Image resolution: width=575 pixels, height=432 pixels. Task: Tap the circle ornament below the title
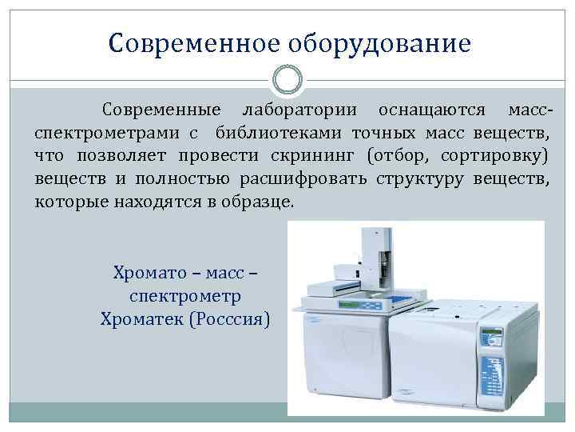[287, 81]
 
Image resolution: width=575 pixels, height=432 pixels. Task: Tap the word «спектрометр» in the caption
[185, 297]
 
